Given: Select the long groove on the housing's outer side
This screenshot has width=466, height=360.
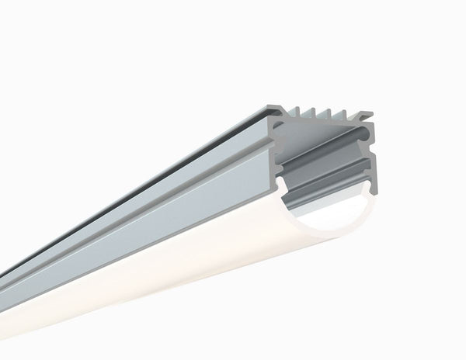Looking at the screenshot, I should (x=155, y=193).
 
